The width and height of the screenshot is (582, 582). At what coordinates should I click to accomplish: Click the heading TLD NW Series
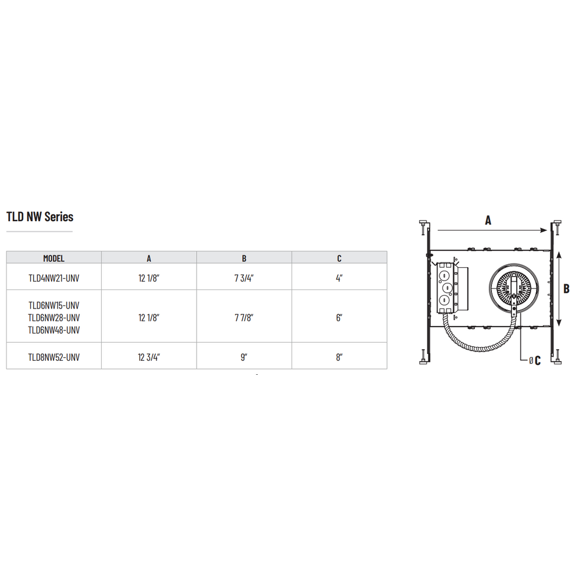pyautogui.click(x=40, y=217)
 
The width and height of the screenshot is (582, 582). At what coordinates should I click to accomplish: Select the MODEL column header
pyautogui.click(x=54, y=258)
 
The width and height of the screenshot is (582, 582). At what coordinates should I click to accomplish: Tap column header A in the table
pyautogui.click(x=149, y=258)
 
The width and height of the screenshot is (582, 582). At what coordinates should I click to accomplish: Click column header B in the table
pyautogui.click(x=244, y=258)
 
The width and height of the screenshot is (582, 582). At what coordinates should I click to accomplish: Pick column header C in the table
pyautogui.click(x=339, y=258)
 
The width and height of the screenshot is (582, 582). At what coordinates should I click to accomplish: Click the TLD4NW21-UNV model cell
pyautogui.click(x=54, y=278)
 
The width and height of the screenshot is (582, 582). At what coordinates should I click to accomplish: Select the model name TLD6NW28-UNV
pyautogui.click(x=54, y=318)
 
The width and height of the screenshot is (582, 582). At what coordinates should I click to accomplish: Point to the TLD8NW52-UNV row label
pyautogui.click(x=54, y=357)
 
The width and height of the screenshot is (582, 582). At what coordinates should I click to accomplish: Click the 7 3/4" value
pyautogui.click(x=244, y=278)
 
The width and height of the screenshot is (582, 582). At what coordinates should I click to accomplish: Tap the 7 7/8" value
pyautogui.click(x=244, y=318)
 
